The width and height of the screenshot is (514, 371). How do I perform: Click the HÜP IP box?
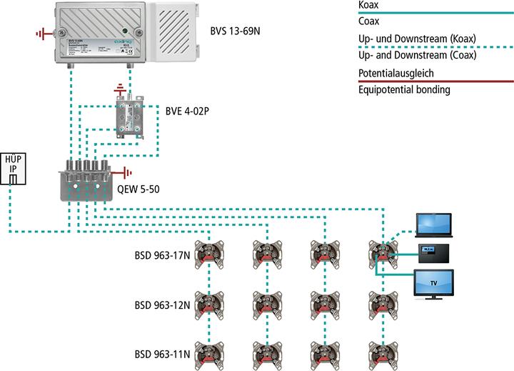click(14, 169)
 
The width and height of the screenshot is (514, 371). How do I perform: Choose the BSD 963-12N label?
click(163, 305)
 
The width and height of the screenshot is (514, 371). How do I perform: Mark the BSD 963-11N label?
click(163, 355)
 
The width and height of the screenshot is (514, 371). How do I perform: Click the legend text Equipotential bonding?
click(403, 90)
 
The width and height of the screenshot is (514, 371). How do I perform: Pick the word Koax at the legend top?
click(369, 5)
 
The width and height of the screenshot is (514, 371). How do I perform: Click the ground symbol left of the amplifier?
click(42, 32)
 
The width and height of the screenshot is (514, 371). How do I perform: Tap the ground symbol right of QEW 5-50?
click(126, 172)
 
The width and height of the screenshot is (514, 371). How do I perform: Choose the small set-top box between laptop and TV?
click(432, 251)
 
